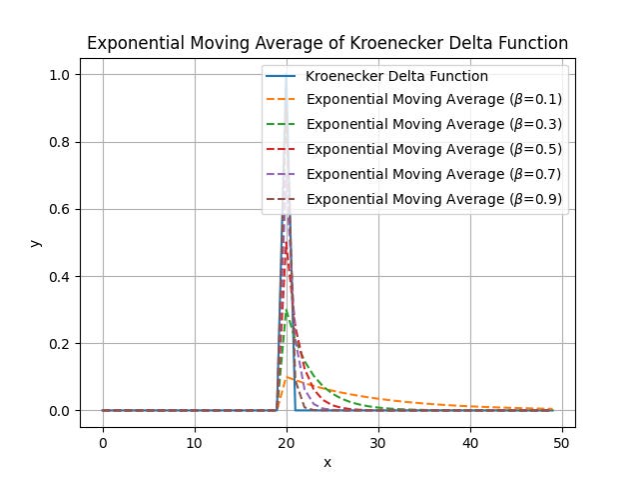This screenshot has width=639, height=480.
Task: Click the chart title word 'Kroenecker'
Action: pos(419,43)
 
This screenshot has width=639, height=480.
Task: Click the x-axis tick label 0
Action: pos(103,442)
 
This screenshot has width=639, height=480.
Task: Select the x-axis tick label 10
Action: pos(195,442)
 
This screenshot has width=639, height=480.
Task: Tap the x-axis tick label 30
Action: pos(378,442)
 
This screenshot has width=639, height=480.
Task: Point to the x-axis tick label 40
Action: pos(470,442)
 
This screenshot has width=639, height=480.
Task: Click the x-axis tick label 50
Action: pos(562,442)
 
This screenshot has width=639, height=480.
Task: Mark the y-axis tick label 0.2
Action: pos(62,344)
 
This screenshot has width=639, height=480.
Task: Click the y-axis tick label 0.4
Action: pos(62,277)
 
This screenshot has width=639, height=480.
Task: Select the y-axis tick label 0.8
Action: pos(62,142)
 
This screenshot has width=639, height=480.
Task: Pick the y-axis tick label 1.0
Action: pos(62,75)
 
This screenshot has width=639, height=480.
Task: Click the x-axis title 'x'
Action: pos(327,462)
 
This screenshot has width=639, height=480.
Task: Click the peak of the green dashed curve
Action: pos(287,310)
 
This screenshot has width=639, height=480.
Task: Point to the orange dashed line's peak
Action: pos(287,377)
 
